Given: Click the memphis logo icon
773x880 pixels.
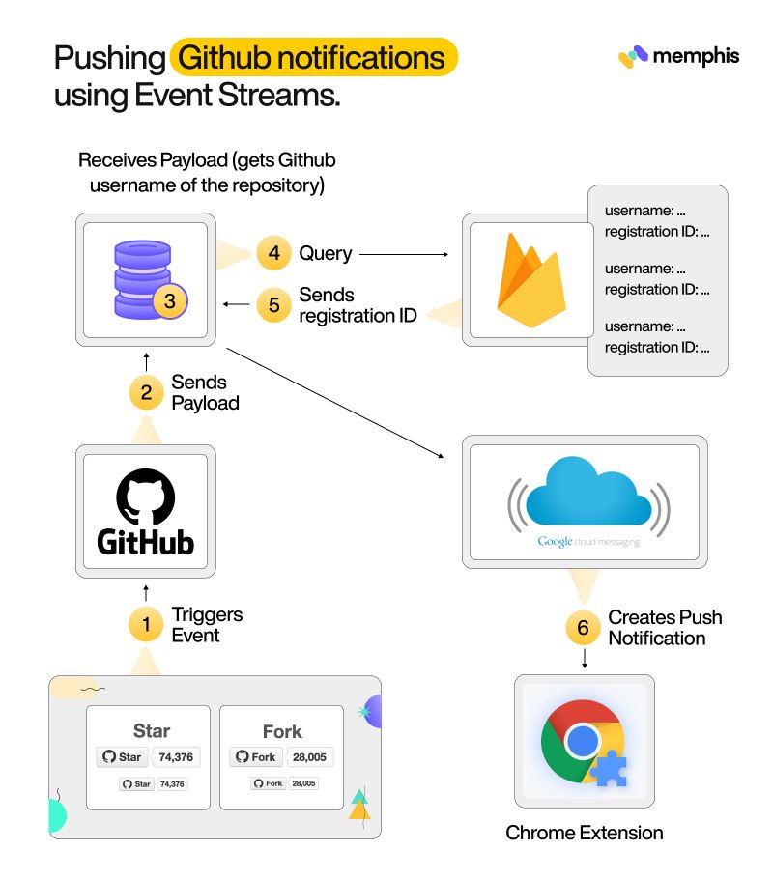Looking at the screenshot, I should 633,56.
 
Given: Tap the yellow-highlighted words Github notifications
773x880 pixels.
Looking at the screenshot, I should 313,58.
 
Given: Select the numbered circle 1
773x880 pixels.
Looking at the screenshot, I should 146,624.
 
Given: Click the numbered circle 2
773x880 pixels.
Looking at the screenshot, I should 146,391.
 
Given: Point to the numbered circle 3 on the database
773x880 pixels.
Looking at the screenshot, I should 170,301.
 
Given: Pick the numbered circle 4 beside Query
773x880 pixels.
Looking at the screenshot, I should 274,254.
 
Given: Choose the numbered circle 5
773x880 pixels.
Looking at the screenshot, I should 274,305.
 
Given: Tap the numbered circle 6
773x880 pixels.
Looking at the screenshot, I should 583,628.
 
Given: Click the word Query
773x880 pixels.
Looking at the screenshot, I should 326,254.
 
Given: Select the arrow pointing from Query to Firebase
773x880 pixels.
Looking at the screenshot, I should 405,255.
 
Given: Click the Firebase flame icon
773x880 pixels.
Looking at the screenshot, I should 530,280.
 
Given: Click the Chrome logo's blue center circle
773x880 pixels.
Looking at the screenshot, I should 582,742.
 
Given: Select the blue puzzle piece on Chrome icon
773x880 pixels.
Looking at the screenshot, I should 611,770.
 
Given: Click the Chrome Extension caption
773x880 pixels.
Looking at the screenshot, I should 585,833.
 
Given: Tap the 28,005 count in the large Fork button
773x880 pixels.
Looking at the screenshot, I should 309,757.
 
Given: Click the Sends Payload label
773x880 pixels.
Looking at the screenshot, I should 205,392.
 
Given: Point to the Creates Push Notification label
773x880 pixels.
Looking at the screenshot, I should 664,628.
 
